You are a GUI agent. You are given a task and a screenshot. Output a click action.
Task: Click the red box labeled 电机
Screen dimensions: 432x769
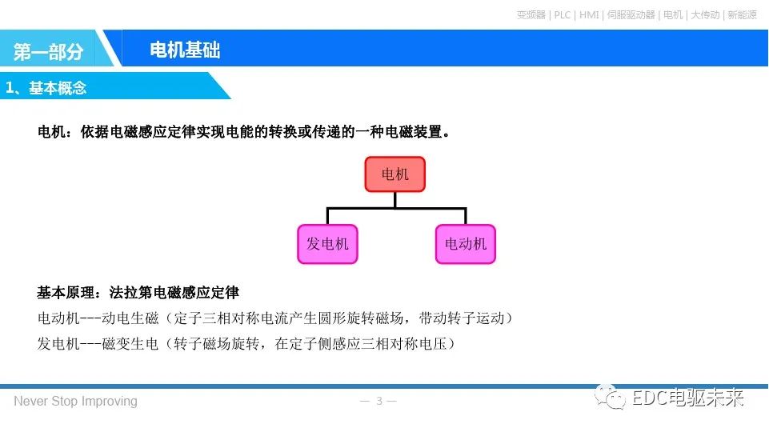click(x=395, y=174)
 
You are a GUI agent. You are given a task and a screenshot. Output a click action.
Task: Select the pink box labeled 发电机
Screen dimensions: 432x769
click(x=327, y=244)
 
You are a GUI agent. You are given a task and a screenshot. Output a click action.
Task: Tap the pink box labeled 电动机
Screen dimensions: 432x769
click(x=466, y=244)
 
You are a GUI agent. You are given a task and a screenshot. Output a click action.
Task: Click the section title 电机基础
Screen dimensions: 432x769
click(x=185, y=50)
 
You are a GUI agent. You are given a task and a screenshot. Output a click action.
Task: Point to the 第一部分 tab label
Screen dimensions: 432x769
click(x=49, y=52)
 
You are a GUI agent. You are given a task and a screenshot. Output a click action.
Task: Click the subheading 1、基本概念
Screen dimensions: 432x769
click(x=46, y=88)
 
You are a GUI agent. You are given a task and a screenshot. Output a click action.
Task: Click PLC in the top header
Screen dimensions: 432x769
click(x=563, y=14)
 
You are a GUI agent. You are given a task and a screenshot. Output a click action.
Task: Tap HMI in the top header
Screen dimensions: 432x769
click(x=589, y=14)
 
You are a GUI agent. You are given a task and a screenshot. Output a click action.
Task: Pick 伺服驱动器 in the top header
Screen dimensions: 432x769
click(x=631, y=14)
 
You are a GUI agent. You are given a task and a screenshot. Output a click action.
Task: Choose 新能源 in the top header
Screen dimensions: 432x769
click(x=742, y=14)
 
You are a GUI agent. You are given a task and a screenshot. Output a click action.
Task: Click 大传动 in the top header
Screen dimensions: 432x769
click(x=705, y=14)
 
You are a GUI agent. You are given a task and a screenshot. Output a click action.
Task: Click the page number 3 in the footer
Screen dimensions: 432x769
click(x=379, y=401)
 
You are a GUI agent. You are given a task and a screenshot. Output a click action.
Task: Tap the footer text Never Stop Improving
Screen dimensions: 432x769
click(x=75, y=401)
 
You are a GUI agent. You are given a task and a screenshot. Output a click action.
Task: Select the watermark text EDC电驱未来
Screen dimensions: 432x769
click(x=688, y=398)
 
